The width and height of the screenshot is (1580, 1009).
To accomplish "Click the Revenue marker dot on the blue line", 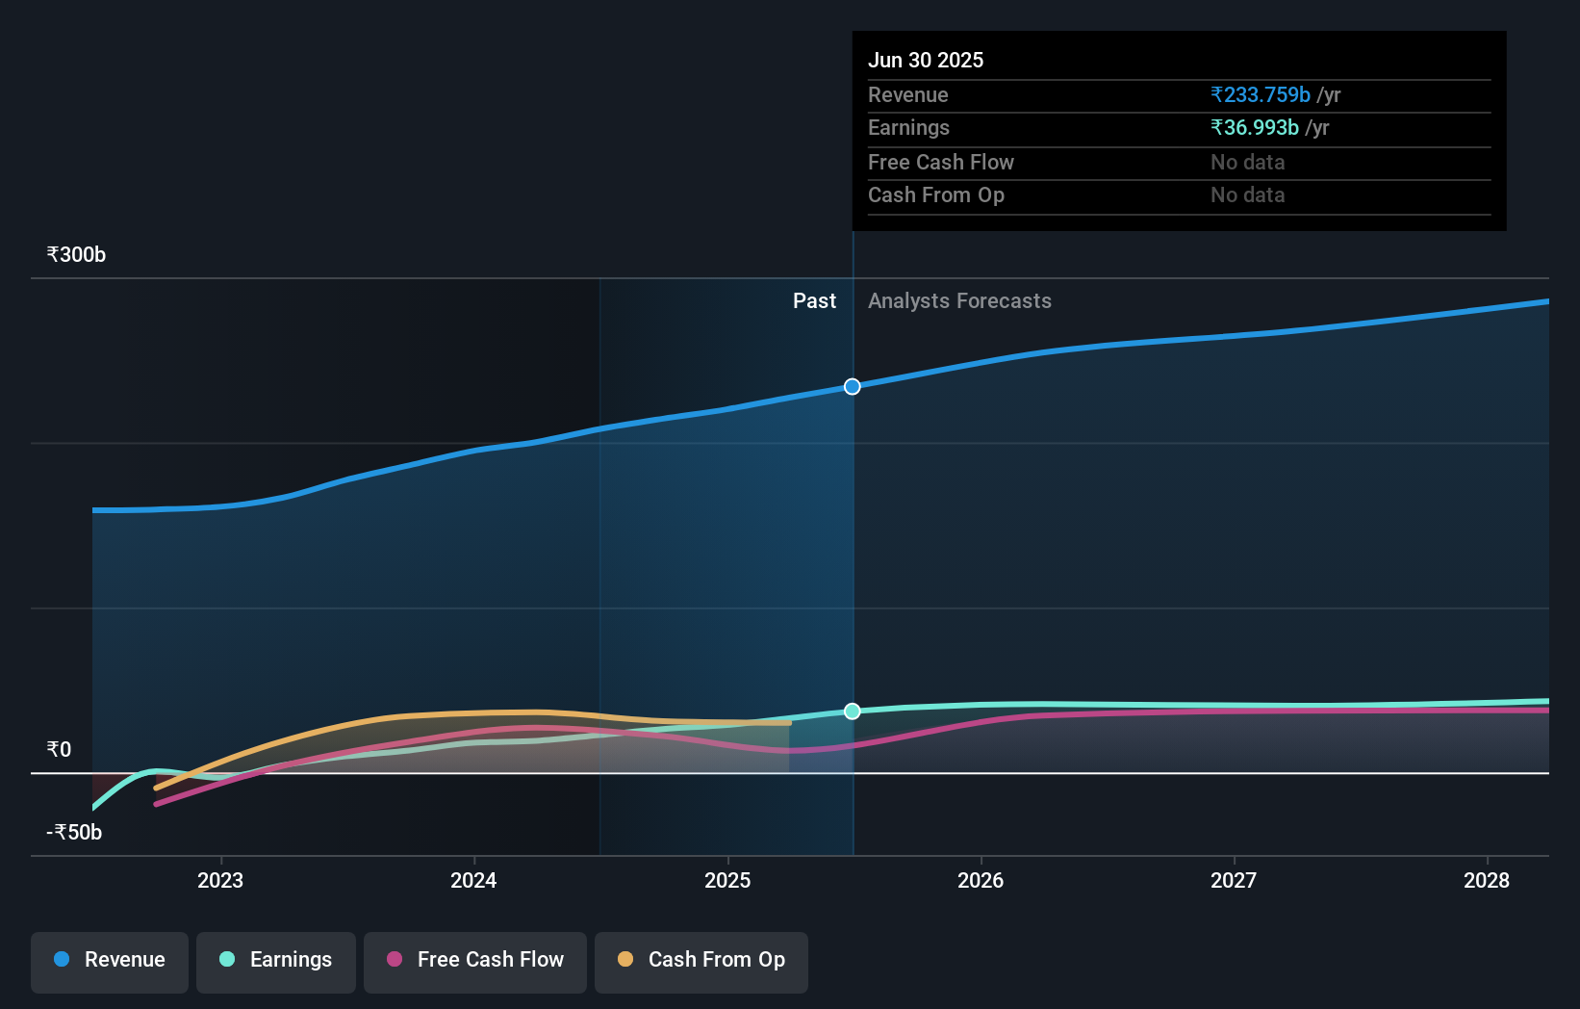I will pos(853,387).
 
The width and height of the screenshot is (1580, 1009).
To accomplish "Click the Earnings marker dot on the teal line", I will pos(853,711).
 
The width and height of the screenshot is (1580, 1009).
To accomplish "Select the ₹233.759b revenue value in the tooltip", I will pos(1260,95).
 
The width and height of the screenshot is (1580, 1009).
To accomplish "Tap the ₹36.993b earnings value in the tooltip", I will pos(1254,128).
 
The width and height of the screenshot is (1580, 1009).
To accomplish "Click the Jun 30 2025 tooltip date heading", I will pos(925,61).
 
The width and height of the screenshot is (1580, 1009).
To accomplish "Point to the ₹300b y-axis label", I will pos(76,255).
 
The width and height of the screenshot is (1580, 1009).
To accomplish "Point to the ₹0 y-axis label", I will pos(59,750).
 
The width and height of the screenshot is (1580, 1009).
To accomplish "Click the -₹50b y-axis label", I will pos(74,833).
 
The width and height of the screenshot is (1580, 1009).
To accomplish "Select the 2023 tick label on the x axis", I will pos(220,881).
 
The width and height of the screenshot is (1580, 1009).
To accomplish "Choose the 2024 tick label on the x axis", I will pos(473,881).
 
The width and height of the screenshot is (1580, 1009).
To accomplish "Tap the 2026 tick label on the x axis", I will pos(981,881).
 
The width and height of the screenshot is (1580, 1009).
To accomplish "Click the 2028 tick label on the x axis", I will pos(1487,881).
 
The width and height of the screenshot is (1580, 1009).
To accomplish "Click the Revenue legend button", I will pos(110,960).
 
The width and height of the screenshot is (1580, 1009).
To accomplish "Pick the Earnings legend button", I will pos(276,960).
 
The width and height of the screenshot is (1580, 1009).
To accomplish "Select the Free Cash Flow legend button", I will pos(475,960).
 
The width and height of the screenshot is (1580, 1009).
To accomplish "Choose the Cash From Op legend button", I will pos(701,960).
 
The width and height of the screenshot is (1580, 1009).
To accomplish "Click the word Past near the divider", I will pos(814,301).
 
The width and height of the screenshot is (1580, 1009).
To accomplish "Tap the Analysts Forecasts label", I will pos(959,301).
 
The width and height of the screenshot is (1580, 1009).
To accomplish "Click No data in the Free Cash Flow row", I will pos(1247,163).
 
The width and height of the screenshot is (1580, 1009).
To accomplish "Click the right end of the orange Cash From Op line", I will pos(789,723).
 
